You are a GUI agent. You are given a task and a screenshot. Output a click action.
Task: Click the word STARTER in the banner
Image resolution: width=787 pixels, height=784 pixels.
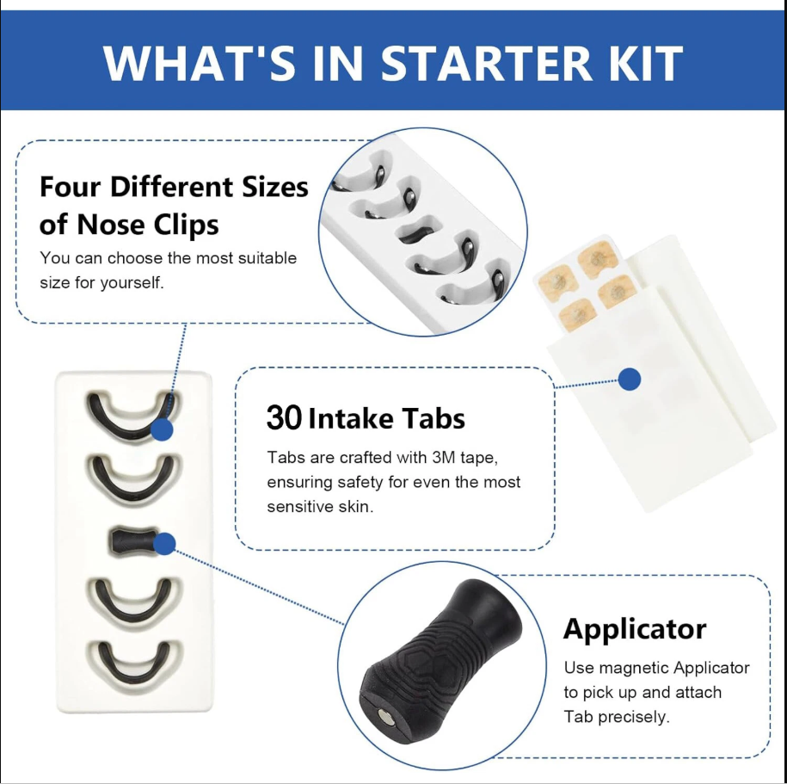[486, 63]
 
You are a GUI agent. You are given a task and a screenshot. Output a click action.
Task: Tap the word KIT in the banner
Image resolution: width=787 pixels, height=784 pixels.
[648, 63]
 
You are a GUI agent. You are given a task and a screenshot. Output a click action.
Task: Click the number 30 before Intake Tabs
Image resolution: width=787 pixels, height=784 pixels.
[284, 417]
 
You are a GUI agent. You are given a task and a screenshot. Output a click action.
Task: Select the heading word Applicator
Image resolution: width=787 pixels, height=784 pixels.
[635, 629]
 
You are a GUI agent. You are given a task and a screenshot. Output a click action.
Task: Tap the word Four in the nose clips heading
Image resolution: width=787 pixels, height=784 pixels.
[71, 187]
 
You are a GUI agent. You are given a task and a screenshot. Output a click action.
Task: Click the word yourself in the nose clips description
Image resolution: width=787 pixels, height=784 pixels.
[132, 283]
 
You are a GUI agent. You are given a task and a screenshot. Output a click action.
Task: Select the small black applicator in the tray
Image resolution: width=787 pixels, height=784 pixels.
[133, 541]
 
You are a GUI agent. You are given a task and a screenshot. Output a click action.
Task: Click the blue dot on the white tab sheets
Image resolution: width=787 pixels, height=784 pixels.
[630, 380]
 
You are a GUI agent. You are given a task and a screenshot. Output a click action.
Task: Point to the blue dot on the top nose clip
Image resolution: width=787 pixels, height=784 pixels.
[162, 430]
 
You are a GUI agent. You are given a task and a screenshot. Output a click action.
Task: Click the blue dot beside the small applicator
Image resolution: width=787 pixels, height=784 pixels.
[164, 544]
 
